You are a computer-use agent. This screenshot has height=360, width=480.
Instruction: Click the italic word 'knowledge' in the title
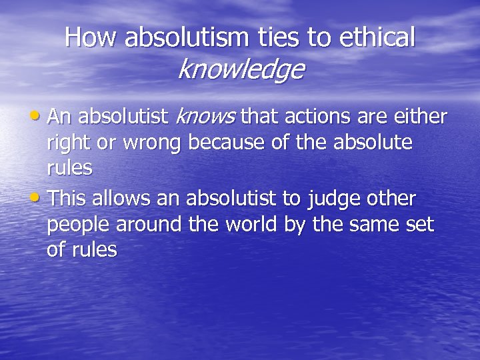click(x=241, y=69)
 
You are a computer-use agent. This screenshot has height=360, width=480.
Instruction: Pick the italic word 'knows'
click(x=205, y=117)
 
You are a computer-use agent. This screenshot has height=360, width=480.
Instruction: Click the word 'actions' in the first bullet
click(x=316, y=117)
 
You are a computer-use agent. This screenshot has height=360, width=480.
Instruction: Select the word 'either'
click(x=419, y=117)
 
